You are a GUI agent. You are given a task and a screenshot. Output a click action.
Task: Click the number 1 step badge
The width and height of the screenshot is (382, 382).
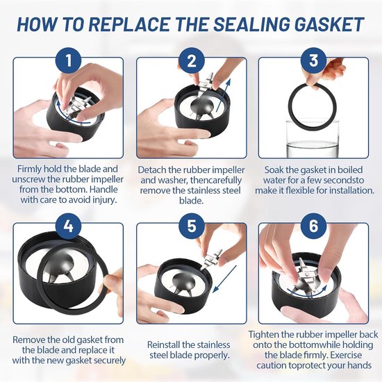pyautogui.click(x=69, y=61)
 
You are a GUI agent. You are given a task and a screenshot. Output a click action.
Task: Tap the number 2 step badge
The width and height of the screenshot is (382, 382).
pyautogui.click(x=191, y=61)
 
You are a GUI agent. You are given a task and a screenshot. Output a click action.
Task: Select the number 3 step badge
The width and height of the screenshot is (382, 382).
pyautogui.click(x=313, y=61)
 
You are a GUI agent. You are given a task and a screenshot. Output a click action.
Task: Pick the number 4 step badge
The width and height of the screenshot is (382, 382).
pyautogui.click(x=69, y=226)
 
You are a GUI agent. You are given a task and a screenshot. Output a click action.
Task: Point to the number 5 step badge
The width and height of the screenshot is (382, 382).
pyautogui.click(x=191, y=226)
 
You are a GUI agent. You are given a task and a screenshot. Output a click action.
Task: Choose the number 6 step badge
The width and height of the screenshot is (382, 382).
pyautogui.click(x=313, y=226)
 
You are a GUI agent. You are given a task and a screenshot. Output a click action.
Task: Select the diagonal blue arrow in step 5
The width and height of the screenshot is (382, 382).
pyautogui.click(x=224, y=279)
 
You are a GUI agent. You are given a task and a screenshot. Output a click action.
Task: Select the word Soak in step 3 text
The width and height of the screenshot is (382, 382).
pyautogui.click(x=274, y=169)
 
